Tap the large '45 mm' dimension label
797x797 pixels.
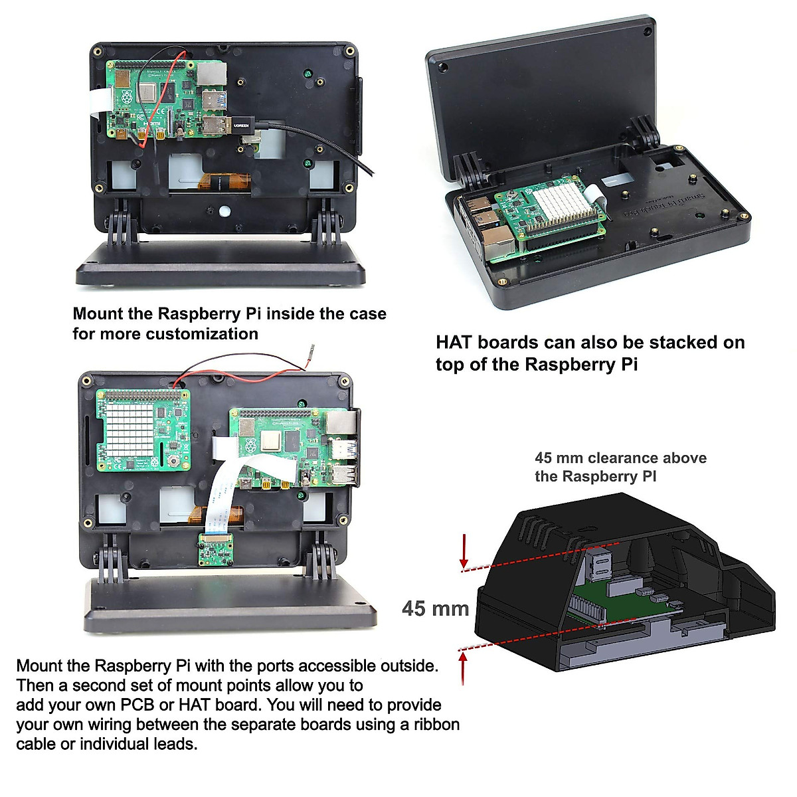tap(435, 608)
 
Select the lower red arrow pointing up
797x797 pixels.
tap(463, 668)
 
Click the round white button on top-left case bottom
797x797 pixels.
tap(224, 211)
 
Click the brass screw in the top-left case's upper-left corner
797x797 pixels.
tap(98, 50)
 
